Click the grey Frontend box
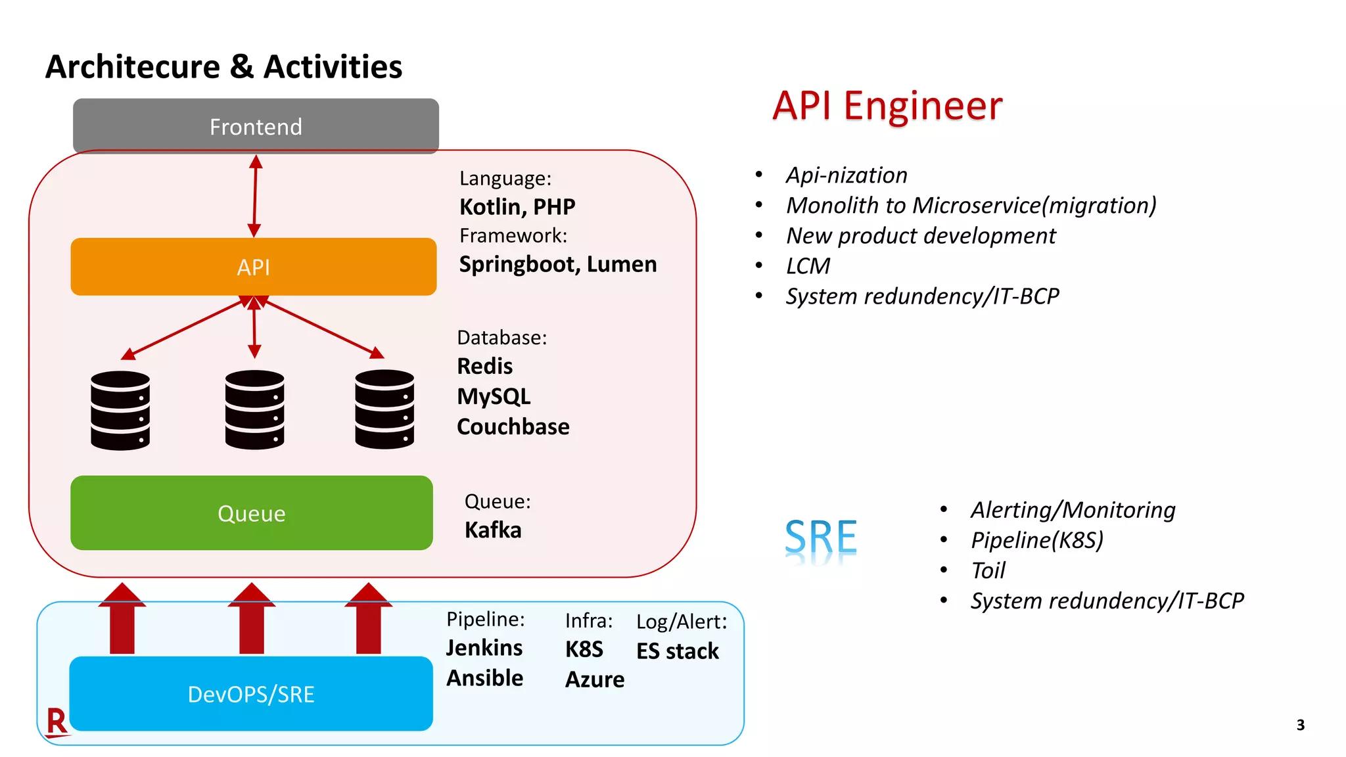pyautogui.click(x=256, y=126)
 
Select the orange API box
pyautogui.click(x=254, y=267)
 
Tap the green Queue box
pyautogui.click(x=252, y=513)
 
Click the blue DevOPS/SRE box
pyautogui.click(x=251, y=694)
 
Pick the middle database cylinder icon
pyautogui.click(x=254, y=410)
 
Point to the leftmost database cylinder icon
pyautogui.click(x=120, y=411)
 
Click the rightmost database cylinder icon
pyautogui.click(x=384, y=409)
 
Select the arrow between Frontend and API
pyautogui.click(x=255, y=196)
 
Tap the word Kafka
pyautogui.click(x=493, y=530)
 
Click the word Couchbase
pyautogui.click(x=513, y=426)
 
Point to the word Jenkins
pyautogui.click(x=484, y=648)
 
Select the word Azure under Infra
pyautogui.click(x=595, y=679)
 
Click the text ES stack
pyautogui.click(x=678, y=651)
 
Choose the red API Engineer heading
pyautogui.click(x=887, y=106)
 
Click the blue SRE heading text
pyautogui.click(x=821, y=538)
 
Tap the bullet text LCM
pyautogui.click(x=808, y=266)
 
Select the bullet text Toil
pyautogui.click(x=988, y=570)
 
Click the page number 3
pyautogui.click(x=1300, y=725)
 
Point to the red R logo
pyautogui.click(x=57, y=722)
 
